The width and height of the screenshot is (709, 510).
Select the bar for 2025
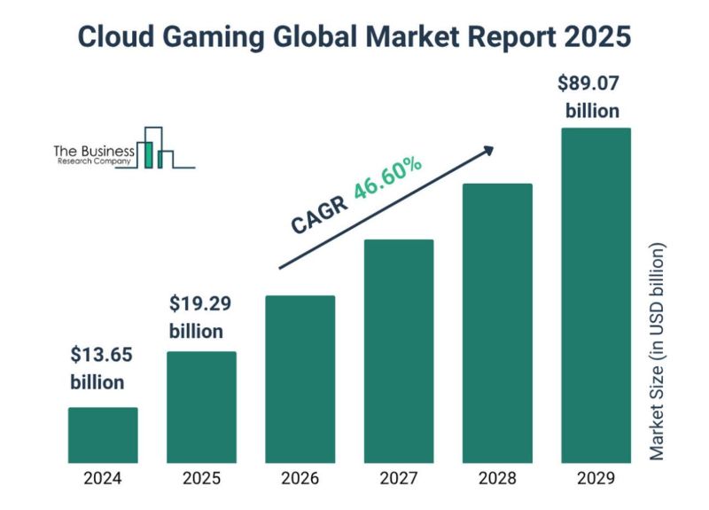click(202, 407)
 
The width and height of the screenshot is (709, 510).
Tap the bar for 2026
click(300, 379)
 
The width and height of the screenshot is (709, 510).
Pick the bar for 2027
click(399, 351)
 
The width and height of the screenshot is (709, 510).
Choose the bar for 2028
click(497, 323)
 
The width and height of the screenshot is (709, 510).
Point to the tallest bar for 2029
click(596, 295)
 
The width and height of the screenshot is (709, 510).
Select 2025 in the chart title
click(598, 38)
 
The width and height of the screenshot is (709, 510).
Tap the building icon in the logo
click(156, 147)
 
